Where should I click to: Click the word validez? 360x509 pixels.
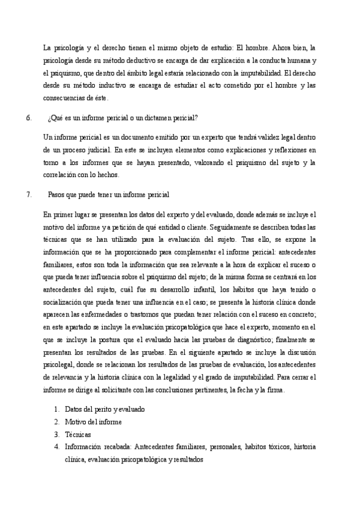[x=254, y=137]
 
